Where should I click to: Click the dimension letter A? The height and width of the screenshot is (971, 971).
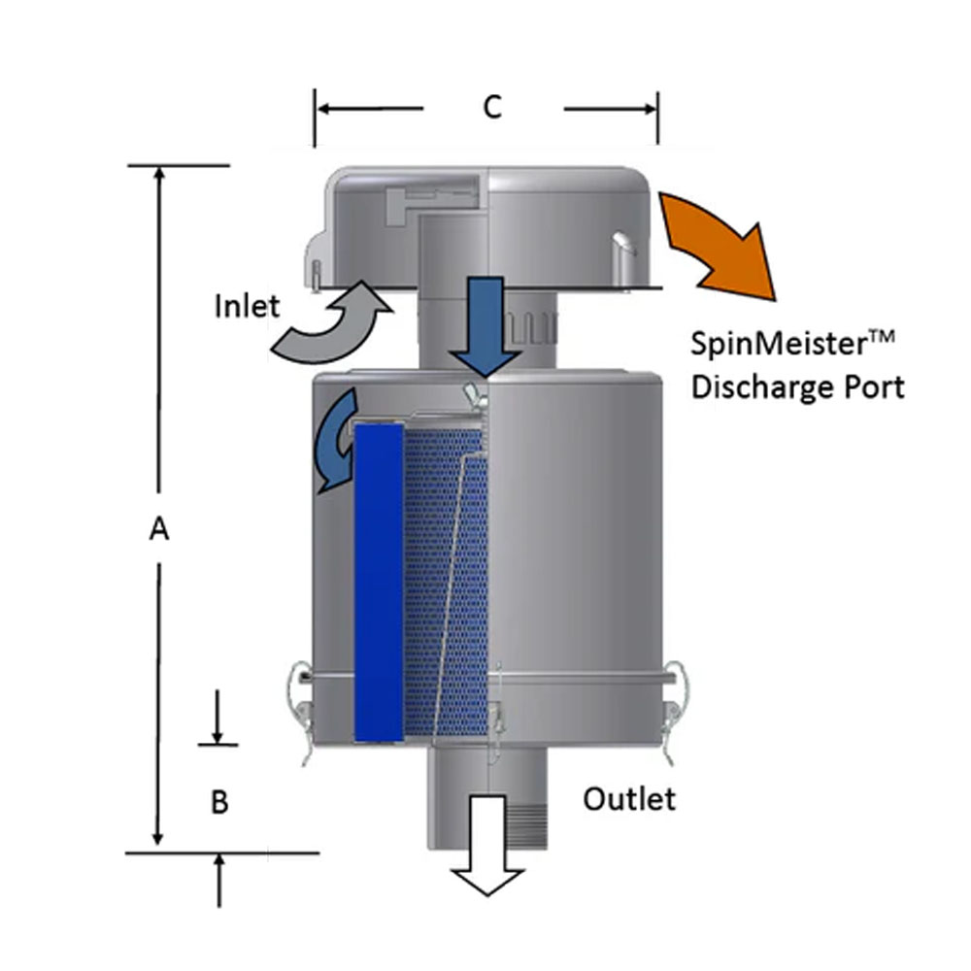coord(159,528)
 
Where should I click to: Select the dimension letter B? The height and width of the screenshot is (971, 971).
coord(220,802)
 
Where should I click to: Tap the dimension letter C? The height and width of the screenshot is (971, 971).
coord(493,108)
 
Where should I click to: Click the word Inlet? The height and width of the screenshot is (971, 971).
coord(247,307)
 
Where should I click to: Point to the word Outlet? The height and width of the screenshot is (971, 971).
coord(629,799)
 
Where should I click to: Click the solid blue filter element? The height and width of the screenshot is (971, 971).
coord(379,583)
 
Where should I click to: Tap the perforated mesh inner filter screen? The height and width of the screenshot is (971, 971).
coord(442,583)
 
